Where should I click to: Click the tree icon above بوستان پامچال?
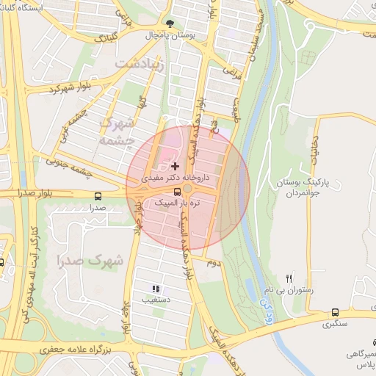[x=170, y=23]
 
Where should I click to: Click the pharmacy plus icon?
[x=174, y=167]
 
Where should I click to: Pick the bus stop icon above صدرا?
[x=98, y=196]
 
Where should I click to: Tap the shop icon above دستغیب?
[x=155, y=289]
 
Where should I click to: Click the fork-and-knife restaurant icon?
[x=289, y=278]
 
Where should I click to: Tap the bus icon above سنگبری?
[x=335, y=311]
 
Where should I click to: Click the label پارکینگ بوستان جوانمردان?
[x=307, y=185]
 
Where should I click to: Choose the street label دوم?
[x=213, y=262]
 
